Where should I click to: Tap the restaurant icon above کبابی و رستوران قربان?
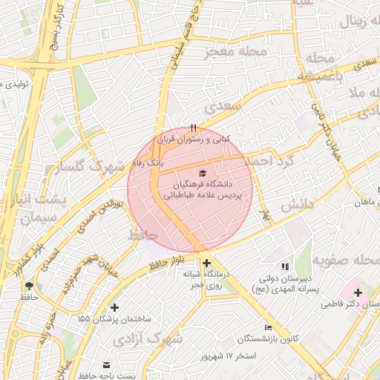click(194, 128)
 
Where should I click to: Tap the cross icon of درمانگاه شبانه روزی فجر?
click(206, 263)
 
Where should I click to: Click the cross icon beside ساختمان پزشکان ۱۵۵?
click(114, 307)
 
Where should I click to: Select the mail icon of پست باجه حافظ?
click(106, 365)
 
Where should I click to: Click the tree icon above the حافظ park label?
click(29, 286)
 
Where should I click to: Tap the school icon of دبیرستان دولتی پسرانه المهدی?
click(284, 266)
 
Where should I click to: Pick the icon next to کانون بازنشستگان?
click(268, 328)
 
